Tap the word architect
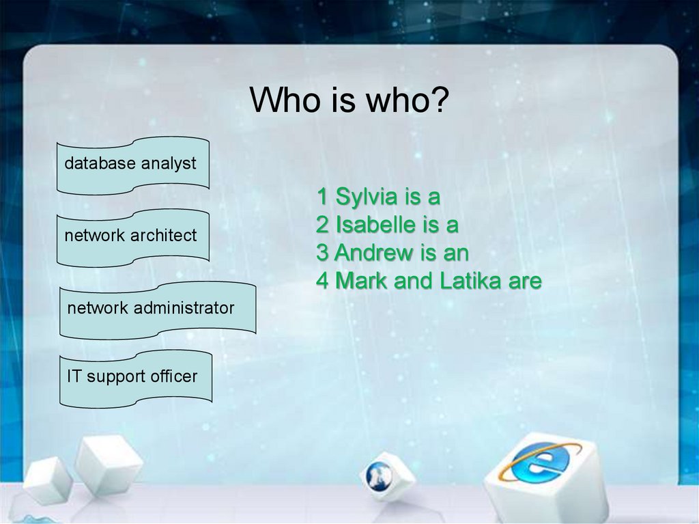[x=163, y=236]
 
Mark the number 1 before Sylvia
[x=322, y=198]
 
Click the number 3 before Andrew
[x=322, y=253]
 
